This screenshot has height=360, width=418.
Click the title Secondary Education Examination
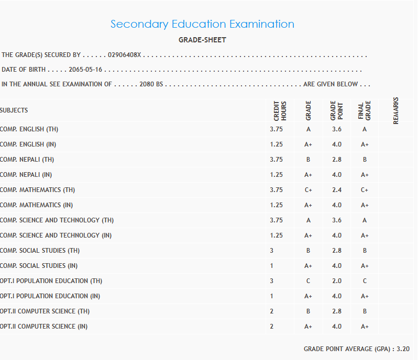click(202, 24)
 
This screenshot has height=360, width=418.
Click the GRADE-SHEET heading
click(202, 40)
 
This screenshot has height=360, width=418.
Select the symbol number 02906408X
click(125, 55)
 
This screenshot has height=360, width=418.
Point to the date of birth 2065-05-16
click(85, 70)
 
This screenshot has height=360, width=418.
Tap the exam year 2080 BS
click(151, 84)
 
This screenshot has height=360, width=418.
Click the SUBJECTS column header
click(14, 110)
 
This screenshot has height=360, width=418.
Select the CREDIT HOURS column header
click(280, 110)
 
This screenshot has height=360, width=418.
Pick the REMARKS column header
click(396, 110)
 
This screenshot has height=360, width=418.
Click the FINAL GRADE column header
click(365, 110)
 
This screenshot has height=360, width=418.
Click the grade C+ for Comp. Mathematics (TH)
click(309, 190)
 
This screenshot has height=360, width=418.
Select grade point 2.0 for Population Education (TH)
click(337, 281)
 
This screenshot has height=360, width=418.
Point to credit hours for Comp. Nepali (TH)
click(277, 160)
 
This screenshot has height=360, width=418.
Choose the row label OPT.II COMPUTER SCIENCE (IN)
click(44, 327)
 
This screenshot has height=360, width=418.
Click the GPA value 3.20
click(403, 348)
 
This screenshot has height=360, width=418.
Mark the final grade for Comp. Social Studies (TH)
click(365, 251)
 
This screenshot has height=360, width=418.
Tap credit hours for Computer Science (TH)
click(272, 311)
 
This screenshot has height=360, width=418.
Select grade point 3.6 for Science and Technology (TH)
click(337, 220)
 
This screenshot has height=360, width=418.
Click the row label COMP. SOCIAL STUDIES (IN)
click(39, 266)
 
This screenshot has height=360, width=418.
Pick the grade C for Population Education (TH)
click(309, 281)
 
